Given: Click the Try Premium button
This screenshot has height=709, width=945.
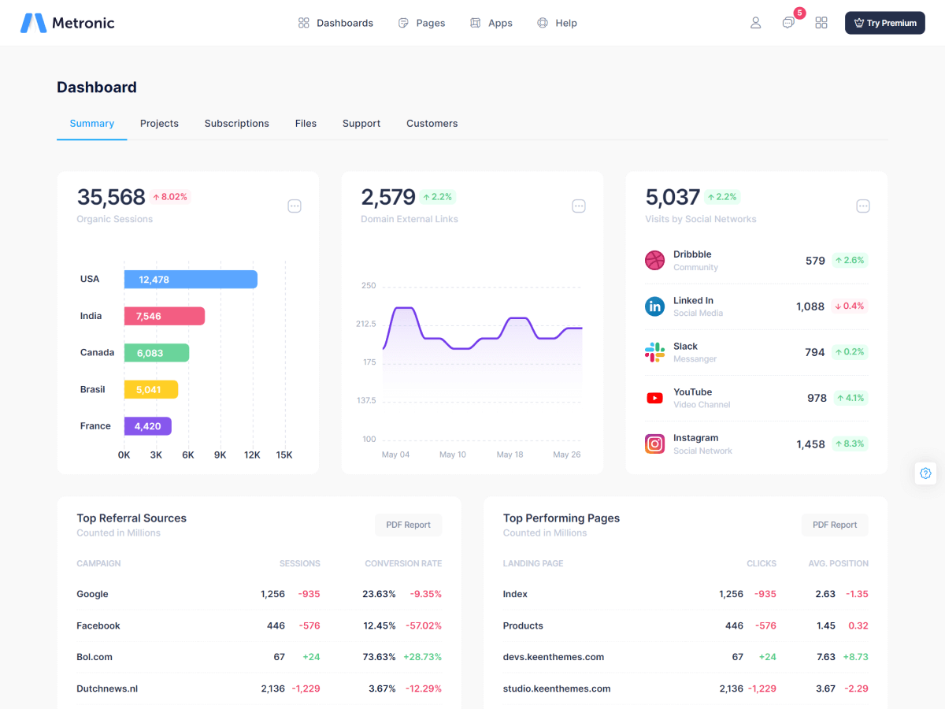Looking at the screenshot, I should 884,23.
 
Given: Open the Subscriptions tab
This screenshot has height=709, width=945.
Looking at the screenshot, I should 236,124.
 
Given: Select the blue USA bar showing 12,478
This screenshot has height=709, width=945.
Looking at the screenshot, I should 191,280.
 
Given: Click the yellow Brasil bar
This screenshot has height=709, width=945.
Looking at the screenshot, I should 150,389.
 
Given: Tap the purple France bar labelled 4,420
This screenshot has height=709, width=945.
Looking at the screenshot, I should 147,426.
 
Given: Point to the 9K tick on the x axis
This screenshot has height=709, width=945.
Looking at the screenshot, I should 220,455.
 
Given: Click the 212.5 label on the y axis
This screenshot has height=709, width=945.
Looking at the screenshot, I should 366,324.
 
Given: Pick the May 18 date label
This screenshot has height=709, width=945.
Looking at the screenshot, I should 510,455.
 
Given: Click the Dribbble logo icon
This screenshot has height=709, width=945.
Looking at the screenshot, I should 654,260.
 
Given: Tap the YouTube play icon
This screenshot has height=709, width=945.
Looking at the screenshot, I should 654,398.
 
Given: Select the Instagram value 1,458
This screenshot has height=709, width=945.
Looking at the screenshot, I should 810,444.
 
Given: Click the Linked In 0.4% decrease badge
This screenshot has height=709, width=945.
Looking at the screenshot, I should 849,306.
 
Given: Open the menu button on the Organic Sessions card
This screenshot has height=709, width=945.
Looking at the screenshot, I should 295,206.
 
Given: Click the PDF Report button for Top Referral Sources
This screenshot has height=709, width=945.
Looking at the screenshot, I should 408,525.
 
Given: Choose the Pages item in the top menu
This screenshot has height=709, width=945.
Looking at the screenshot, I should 422,23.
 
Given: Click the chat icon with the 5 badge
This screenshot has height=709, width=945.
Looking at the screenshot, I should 788,23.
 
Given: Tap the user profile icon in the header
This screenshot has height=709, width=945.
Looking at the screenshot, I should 755,23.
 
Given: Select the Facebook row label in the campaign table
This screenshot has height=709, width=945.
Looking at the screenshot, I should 98,625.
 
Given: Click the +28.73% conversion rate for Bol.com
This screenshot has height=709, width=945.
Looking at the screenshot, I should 422,657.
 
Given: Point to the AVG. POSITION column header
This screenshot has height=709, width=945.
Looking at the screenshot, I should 838,563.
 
